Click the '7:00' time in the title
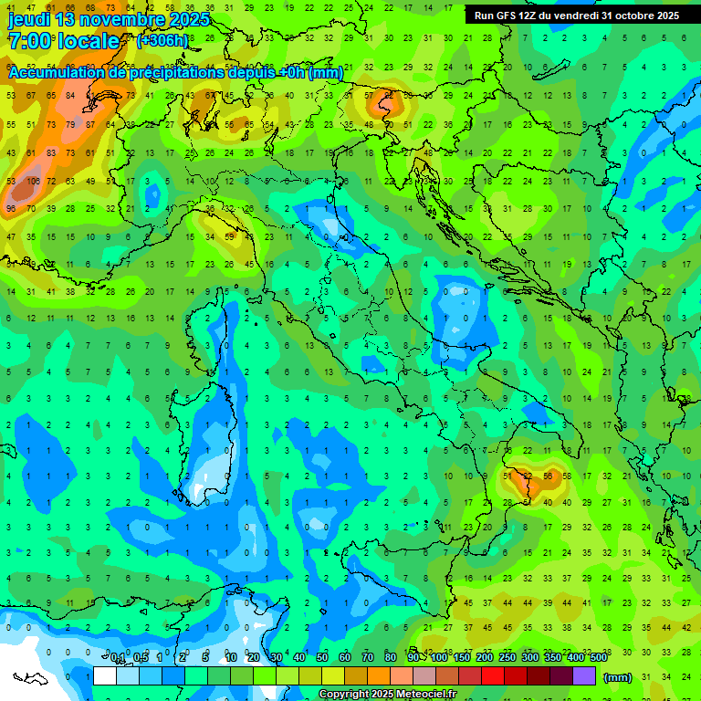27,41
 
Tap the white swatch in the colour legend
105,675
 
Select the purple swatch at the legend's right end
584,675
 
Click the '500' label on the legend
598,658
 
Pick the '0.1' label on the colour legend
118,658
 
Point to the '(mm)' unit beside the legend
617,676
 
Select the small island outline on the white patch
30,678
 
